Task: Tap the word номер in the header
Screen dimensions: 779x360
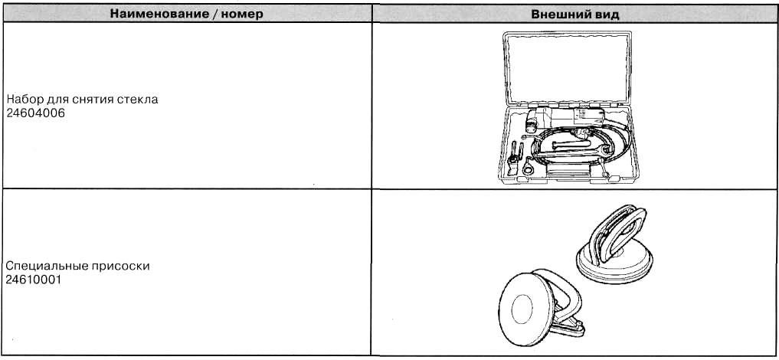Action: pos(241,14)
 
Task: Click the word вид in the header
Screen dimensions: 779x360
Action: pos(604,14)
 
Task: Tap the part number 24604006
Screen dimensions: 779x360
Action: pos(36,113)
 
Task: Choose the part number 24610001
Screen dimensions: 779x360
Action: pos(34,280)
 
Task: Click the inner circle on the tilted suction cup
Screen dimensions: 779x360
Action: pos(522,309)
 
